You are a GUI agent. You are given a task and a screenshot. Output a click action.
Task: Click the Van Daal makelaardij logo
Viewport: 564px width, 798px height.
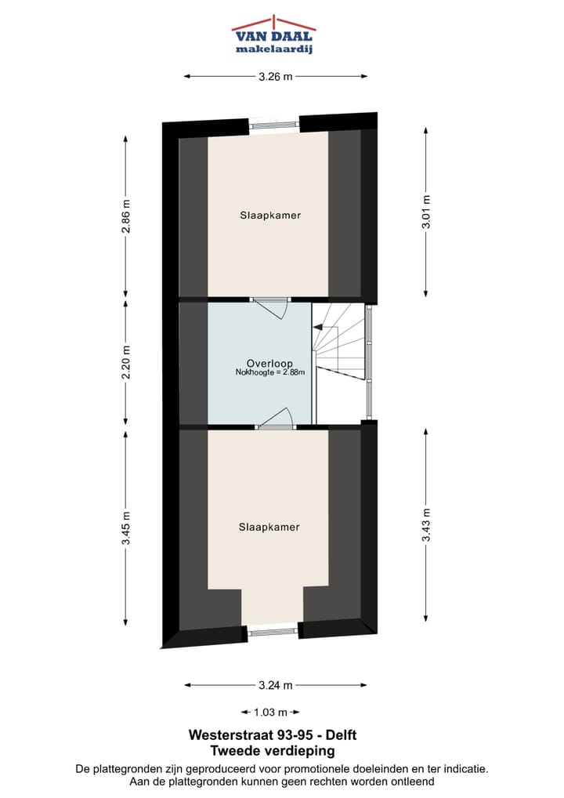[x=273, y=35]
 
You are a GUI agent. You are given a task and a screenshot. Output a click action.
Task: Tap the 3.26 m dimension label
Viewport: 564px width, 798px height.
[x=276, y=76]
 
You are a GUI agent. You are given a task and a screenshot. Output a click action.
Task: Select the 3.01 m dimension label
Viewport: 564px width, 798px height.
[x=426, y=212]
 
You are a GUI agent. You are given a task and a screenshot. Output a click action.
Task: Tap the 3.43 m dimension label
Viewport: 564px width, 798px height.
[x=426, y=525]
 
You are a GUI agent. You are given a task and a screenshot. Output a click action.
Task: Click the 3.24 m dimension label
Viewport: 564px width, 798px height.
[x=276, y=685]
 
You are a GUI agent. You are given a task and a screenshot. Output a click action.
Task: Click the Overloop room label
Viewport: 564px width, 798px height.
[x=269, y=363]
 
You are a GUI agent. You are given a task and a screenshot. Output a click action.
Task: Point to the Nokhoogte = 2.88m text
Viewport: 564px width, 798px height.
[x=269, y=373]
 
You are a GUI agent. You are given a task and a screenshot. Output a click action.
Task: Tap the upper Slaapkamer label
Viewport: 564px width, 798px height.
[x=270, y=215]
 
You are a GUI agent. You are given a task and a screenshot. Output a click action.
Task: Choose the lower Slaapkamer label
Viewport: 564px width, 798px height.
[x=269, y=528]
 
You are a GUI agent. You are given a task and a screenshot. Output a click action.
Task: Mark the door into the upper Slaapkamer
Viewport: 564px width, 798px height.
[x=271, y=305]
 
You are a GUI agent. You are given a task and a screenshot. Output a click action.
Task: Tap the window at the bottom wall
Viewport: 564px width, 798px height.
[x=273, y=629]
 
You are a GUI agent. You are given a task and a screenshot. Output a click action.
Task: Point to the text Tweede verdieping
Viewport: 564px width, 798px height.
[x=273, y=751]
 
